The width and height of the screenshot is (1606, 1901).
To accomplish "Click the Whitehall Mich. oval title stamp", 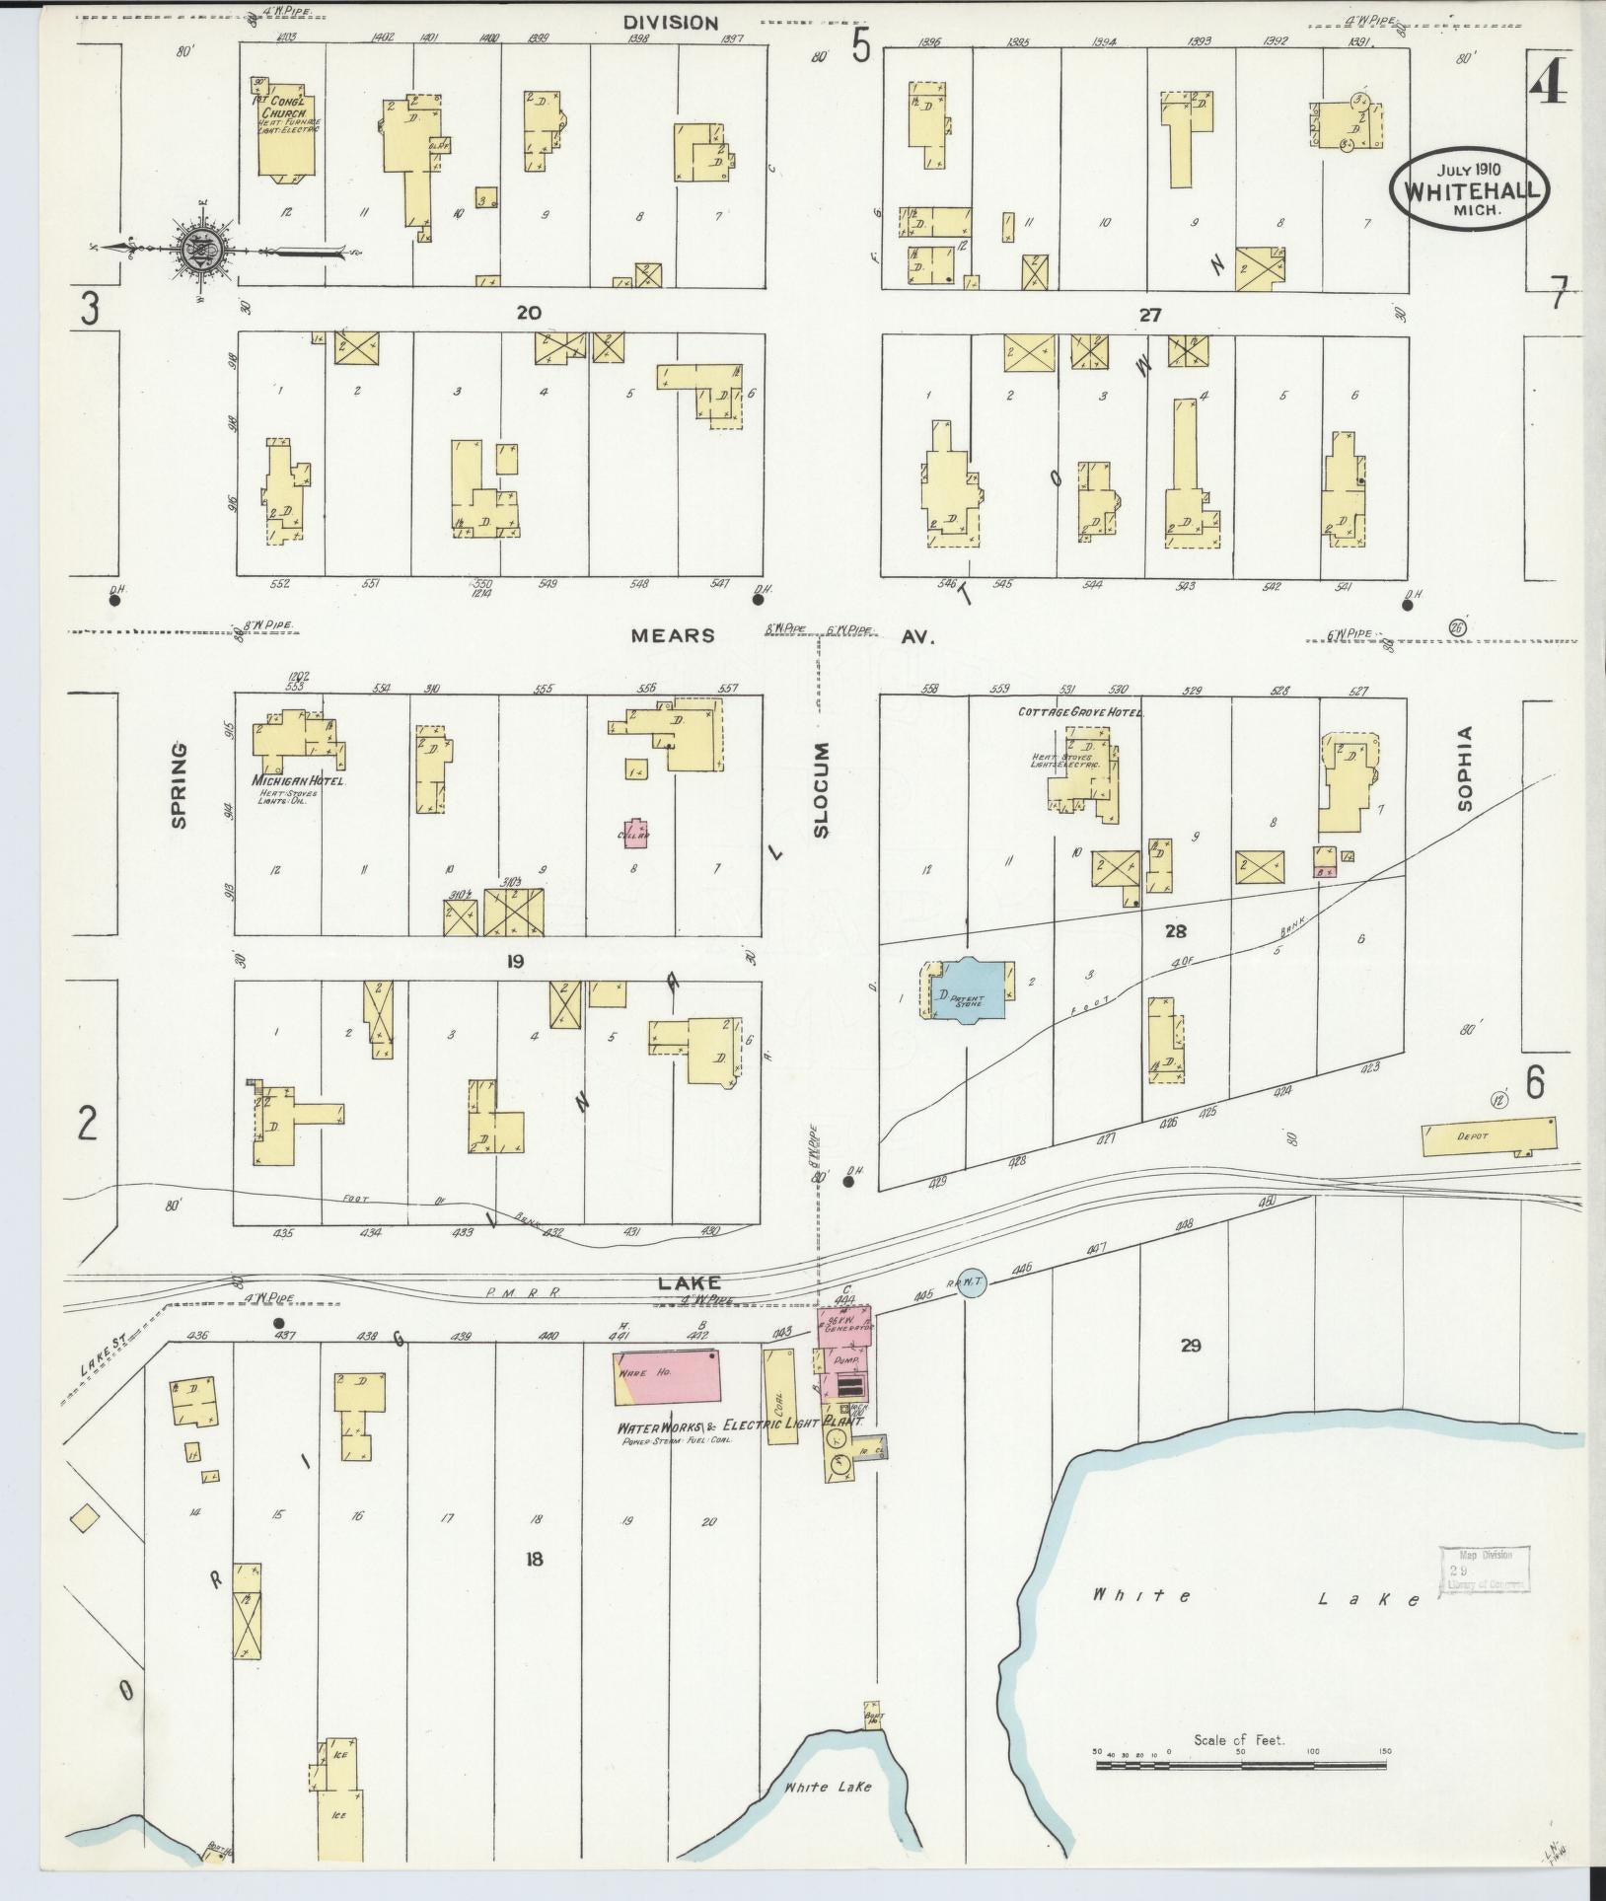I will (x=1469, y=190).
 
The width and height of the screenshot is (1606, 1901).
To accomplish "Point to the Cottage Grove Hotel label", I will (x=1079, y=711).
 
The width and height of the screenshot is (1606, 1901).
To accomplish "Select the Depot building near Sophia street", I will (x=1489, y=1136).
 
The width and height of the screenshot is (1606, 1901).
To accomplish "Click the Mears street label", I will (x=673, y=636).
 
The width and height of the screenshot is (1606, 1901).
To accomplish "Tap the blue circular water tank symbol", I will (x=973, y=1282).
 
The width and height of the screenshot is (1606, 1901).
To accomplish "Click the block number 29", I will (x=1190, y=1345).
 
